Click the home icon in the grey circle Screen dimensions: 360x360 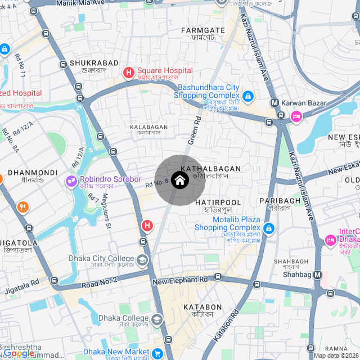point(179,180)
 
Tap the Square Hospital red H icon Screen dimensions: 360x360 point(128,72)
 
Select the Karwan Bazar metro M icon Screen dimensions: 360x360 point(274,103)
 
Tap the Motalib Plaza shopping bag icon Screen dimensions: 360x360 point(269,228)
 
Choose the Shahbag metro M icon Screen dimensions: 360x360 point(318,275)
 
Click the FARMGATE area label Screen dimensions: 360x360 point(203,30)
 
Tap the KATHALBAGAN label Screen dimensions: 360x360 point(211,168)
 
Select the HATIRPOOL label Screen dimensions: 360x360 point(218,202)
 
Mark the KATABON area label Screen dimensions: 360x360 point(202,307)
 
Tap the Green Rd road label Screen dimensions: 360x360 point(195,131)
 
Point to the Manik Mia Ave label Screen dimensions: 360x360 point(81,3)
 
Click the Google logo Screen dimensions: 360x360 point(18,353)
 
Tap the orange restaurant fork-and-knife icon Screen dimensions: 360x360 point(22,206)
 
